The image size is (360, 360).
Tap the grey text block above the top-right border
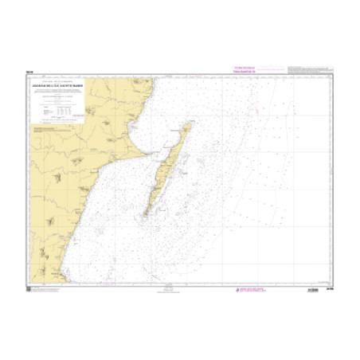303,71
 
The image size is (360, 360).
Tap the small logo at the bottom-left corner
30,290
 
